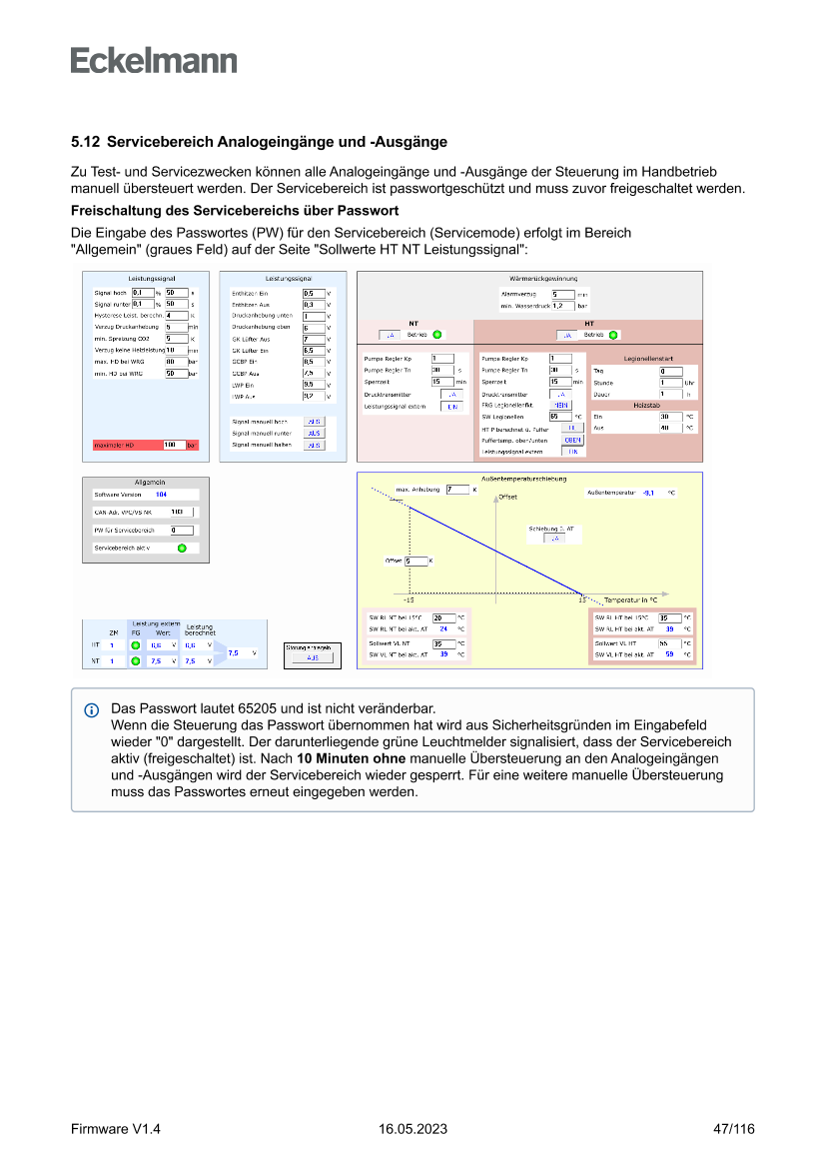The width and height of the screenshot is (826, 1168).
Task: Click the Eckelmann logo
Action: click(154, 61)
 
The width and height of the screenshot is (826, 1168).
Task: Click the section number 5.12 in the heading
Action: click(85, 142)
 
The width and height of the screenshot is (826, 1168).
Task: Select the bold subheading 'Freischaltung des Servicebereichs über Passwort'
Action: click(235, 210)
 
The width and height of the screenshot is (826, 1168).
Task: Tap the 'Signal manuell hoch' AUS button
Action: click(314, 423)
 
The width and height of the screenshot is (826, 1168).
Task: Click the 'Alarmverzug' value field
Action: click(562, 294)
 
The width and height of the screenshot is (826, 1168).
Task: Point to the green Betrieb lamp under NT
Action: click(436, 335)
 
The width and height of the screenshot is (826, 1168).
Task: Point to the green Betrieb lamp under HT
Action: click(613, 335)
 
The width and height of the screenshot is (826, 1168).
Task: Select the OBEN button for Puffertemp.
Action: click(572, 440)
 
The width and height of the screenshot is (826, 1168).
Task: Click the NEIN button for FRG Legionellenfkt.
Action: click(562, 405)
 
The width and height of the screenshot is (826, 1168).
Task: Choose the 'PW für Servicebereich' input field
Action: click(181, 530)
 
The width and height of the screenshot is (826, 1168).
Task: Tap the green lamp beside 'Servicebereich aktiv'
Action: click(182, 548)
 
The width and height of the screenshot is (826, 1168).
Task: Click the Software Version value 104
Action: click(161, 495)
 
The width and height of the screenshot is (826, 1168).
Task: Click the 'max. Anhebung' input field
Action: click(456, 490)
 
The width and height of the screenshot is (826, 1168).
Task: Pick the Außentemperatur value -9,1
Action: click(648, 493)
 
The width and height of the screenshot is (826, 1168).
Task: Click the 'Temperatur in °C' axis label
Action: click(630, 599)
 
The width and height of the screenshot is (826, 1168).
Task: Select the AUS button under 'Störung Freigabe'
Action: click(313, 658)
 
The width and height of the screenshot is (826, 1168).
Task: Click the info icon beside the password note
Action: click(92, 709)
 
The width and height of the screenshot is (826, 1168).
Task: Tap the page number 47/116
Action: click(733, 1129)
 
